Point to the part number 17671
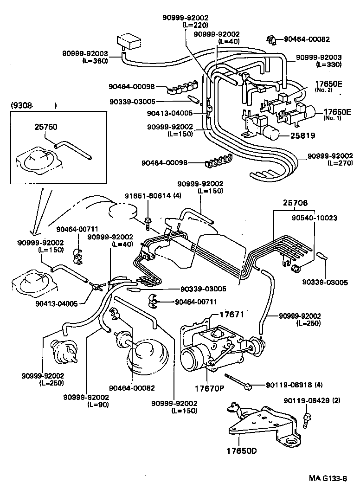(231, 315)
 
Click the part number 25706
(291, 203)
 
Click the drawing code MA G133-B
(328, 478)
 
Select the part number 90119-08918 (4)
(295, 385)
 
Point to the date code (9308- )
(33, 106)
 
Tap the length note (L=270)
(340, 163)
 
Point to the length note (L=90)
(97, 405)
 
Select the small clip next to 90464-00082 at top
(272, 40)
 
